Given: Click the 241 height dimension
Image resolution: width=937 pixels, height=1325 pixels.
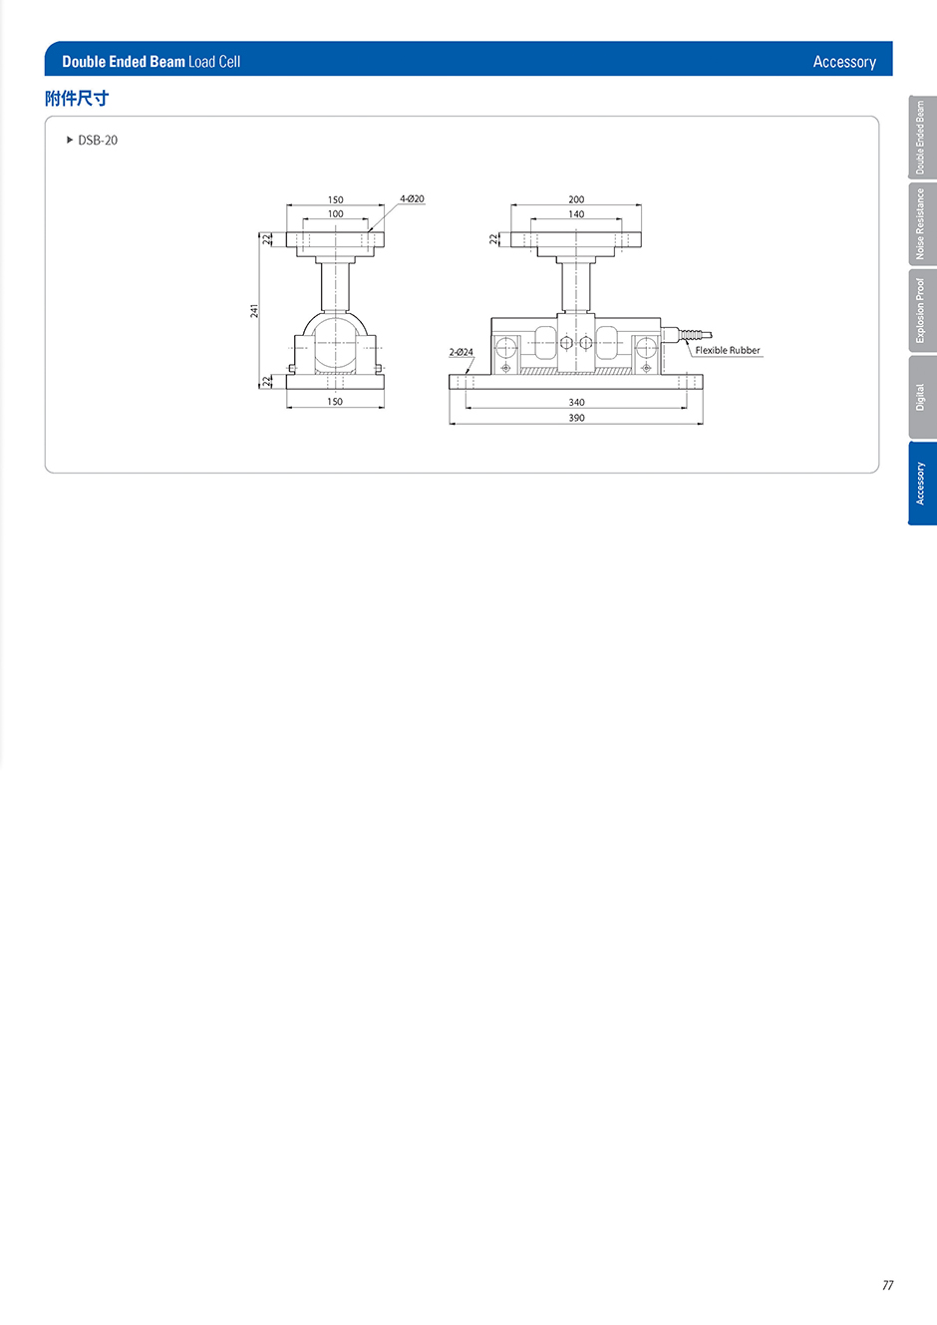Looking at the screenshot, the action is [254, 310].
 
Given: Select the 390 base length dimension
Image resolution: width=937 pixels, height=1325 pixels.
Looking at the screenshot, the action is [576, 418].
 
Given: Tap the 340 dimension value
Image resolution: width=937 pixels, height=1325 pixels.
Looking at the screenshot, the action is [576, 402].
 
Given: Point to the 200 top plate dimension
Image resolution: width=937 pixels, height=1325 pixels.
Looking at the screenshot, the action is [576, 199].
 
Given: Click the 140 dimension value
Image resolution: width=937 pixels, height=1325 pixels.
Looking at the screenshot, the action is [576, 214].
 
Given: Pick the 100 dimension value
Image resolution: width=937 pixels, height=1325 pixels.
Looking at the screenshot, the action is [335, 213].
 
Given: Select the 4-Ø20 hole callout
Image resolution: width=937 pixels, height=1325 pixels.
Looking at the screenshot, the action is [412, 198].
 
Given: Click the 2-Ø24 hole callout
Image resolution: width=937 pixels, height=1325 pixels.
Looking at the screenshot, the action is [461, 352].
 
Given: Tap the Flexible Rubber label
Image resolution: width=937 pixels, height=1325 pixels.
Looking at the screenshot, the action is [728, 350].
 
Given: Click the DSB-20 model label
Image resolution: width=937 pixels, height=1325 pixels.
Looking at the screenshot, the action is [98, 141].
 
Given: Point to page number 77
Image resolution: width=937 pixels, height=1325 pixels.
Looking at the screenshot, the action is [887, 1285].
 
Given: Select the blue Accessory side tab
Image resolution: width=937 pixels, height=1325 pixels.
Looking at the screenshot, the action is [922, 484].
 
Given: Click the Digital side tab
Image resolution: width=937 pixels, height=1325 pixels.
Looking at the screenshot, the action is [922, 397].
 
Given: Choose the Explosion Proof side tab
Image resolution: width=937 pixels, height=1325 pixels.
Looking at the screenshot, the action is [922, 310].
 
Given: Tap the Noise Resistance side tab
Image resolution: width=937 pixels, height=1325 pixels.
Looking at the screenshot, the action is [922, 224].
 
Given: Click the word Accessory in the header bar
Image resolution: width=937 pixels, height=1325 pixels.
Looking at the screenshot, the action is [844, 62].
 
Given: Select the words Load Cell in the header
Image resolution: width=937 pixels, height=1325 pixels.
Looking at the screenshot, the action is [214, 62].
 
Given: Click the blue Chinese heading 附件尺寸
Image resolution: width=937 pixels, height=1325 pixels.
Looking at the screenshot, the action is [77, 98].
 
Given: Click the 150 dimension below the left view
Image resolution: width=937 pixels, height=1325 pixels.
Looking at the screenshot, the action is [335, 401].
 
